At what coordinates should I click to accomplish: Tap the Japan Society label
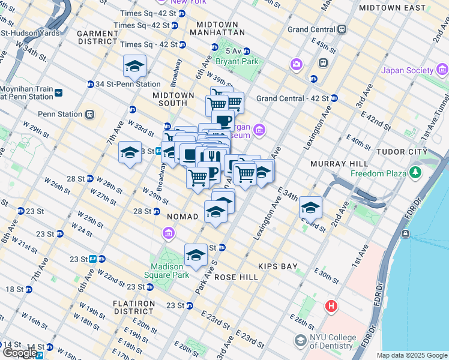[x=406, y=70]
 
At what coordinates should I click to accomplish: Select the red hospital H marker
[x=331, y=307]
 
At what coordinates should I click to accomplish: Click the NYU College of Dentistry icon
[x=300, y=341]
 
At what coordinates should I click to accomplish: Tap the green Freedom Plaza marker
[x=415, y=173]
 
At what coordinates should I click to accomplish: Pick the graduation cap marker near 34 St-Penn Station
[x=135, y=67]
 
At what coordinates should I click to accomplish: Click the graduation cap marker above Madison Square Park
[x=195, y=256]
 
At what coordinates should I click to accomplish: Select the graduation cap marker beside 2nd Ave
[x=310, y=208]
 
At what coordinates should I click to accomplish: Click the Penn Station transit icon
[x=90, y=114]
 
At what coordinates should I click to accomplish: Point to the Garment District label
[x=97, y=37]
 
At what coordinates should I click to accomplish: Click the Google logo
[x=19, y=353]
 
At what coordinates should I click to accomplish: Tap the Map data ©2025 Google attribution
[x=411, y=355]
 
